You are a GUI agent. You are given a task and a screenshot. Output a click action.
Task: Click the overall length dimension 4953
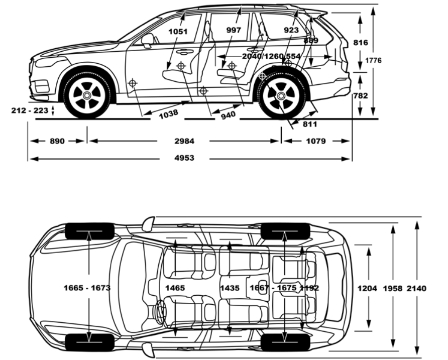coord(184,158)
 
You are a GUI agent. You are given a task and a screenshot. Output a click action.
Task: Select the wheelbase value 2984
coord(184,141)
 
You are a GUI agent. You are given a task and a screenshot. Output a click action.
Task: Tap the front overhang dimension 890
coord(57,141)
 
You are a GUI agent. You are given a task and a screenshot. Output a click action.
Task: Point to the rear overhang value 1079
coord(315,141)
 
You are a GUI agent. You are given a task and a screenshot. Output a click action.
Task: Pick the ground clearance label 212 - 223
coord(29,110)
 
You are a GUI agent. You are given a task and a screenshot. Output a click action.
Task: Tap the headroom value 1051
coord(178,31)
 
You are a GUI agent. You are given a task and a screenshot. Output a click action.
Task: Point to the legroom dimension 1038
coord(169,113)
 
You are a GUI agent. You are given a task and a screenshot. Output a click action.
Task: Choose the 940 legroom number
coord(228,114)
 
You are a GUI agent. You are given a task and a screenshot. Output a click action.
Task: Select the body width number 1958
coord(392,288)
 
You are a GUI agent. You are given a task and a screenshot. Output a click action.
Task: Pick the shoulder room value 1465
coord(175,288)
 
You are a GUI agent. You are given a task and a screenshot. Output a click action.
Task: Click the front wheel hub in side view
coord(86,95)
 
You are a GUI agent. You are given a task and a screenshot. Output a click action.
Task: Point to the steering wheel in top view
coord(160,311)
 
